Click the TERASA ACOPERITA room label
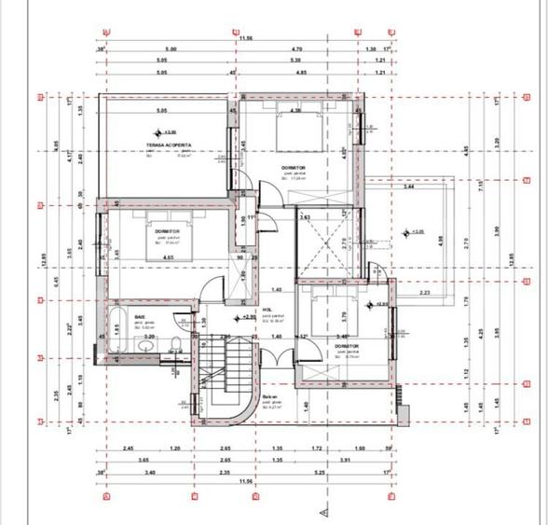169,145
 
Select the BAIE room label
140,317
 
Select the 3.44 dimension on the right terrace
408,188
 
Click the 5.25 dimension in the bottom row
320,472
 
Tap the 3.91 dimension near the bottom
346,460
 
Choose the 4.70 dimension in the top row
297,48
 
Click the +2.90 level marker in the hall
247,318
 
